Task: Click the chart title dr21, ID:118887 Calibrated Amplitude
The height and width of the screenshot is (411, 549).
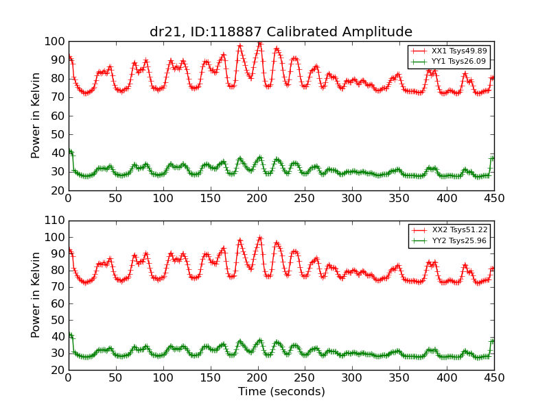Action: click(x=281, y=32)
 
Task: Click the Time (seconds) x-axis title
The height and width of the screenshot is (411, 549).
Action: click(x=281, y=392)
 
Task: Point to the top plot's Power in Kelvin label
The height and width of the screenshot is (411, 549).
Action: click(x=36, y=116)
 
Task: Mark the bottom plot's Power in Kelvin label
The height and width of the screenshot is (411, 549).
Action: click(x=36, y=295)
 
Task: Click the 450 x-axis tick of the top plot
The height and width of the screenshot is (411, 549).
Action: click(x=494, y=199)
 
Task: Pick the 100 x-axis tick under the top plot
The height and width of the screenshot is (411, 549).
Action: click(x=163, y=199)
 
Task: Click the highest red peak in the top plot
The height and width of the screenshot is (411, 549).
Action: click(x=259, y=43)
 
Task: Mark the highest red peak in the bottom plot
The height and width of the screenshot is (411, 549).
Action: click(x=259, y=238)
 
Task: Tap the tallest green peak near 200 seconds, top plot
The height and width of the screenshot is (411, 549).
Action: click(x=259, y=158)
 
